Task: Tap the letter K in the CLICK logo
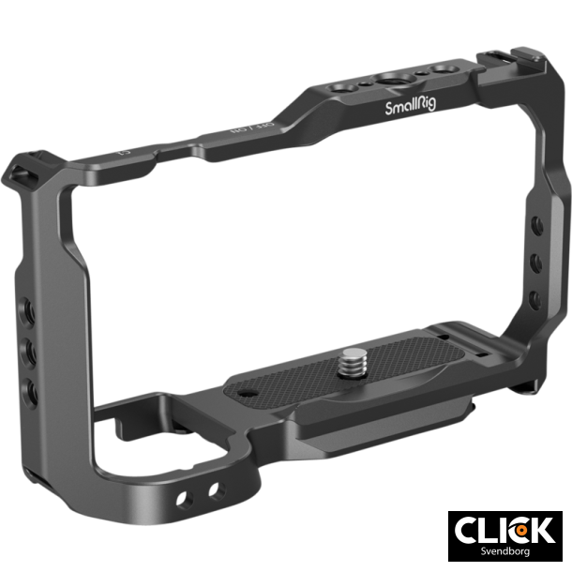pos(541,530)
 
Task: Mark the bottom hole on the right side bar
pos(534,300)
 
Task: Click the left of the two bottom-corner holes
pos(194,493)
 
